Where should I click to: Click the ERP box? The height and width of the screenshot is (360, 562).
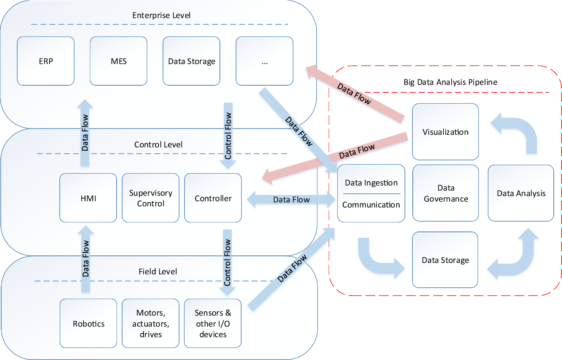point(46,61)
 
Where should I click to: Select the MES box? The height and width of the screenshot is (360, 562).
point(119,61)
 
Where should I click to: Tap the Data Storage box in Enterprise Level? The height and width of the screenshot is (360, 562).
point(192,61)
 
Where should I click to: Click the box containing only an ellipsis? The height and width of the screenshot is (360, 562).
point(264,61)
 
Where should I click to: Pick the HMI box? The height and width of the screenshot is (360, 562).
point(88,198)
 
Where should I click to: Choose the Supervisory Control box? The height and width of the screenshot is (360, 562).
point(150,198)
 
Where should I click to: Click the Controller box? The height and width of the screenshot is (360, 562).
point(213,198)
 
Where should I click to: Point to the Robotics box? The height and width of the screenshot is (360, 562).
point(88,323)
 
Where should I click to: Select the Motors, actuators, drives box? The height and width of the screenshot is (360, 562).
point(150,323)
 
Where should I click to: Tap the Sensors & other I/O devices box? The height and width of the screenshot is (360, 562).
point(212,323)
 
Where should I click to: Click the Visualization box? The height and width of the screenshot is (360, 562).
point(445,132)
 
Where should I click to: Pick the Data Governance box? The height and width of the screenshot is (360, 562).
point(446,193)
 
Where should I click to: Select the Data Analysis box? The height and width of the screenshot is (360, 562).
point(521,193)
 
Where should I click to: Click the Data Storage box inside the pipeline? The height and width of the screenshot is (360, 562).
point(445,260)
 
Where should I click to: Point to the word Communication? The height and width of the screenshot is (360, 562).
point(371,205)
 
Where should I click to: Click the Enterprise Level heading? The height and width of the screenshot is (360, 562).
point(161,15)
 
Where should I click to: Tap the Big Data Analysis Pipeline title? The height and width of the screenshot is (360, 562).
point(450,82)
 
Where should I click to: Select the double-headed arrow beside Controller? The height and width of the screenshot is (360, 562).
point(291,200)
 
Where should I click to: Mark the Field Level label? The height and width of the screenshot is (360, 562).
point(158,272)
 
